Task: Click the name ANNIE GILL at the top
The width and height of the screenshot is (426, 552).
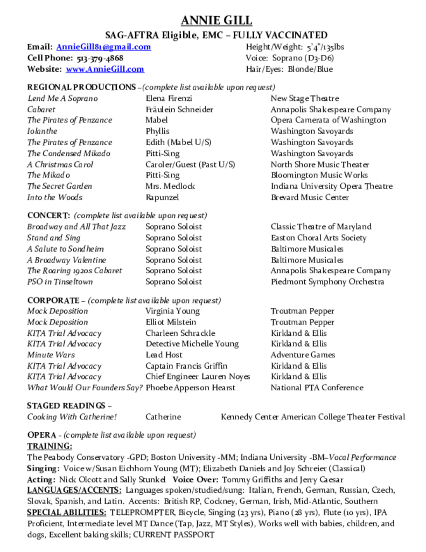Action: click(216, 20)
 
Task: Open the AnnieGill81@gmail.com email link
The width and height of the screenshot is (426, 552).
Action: click(103, 47)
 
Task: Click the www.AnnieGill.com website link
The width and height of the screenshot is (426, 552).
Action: click(105, 69)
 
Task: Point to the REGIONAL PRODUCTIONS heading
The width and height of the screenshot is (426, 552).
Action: click(81, 87)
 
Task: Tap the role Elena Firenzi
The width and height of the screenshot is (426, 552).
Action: click(169, 99)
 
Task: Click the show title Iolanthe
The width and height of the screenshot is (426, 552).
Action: click(42, 131)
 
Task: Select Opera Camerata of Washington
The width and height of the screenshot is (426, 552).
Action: click(328, 120)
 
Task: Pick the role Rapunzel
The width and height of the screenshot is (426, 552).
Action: click(162, 197)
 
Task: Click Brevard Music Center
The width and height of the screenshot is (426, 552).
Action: click(310, 197)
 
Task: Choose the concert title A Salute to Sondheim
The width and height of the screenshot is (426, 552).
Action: click(66, 249)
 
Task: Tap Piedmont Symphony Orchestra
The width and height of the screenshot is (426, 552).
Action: click(327, 282)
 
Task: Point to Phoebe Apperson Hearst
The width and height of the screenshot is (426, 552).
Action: click(190, 388)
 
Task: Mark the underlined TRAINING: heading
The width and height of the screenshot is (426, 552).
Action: click(50, 446)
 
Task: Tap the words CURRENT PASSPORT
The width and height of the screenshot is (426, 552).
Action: click(173, 535)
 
